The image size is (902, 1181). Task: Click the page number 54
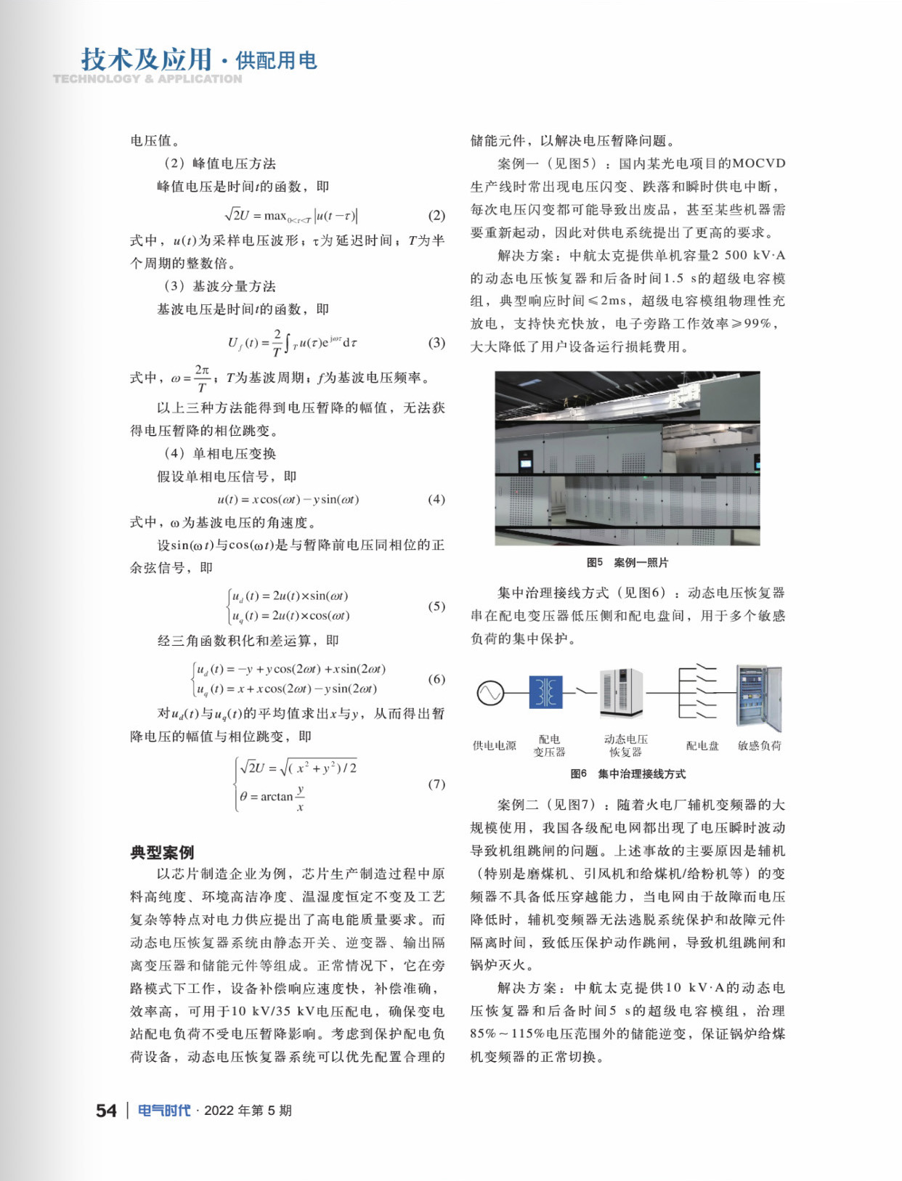106,1111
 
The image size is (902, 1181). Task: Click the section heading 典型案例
162,852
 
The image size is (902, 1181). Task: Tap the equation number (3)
436,343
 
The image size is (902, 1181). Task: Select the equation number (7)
436,784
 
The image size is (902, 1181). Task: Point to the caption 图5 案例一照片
627,562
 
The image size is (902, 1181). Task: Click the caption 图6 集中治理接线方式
627,774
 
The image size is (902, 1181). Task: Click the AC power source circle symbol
490,693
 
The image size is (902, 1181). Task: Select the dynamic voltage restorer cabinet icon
621,694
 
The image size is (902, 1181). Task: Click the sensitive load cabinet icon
759,697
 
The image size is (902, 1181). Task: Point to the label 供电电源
494,745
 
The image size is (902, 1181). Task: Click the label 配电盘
702,745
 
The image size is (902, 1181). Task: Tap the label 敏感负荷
760,745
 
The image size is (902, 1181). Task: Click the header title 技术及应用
146,60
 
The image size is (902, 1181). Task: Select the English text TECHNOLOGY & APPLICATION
147,78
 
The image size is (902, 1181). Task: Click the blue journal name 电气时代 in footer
164,1111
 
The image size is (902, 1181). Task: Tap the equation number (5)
436,606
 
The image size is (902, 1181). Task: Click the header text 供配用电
277,61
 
